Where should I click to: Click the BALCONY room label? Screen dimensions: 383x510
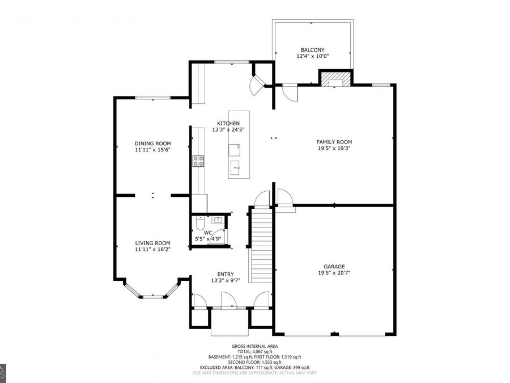click(x=312, y=49)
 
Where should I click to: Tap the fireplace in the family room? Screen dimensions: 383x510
click(x=335, y=79)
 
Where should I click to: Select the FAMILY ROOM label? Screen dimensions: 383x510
click(x=334, y=142)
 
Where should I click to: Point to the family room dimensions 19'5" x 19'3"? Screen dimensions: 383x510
click(x=334, y=149)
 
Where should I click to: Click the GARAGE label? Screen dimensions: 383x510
click(x=334, y=266)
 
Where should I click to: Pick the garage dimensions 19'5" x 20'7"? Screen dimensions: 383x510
click(x=334, y=273)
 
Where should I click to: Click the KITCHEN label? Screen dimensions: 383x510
click(x=228, y=123)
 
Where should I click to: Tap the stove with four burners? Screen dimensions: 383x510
click(x=198, y=161)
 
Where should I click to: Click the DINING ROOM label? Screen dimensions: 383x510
click(x=152, y=143)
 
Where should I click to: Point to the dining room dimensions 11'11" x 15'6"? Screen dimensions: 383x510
click(x=152, y=150)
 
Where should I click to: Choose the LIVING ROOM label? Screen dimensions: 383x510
click(x=152, y=242)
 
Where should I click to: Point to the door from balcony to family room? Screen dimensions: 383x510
click(x=288, y=91)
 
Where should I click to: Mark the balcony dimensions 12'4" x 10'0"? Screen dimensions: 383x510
click(x=312, y=56)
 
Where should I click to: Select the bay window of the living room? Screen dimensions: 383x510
click(x=152, y=294)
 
